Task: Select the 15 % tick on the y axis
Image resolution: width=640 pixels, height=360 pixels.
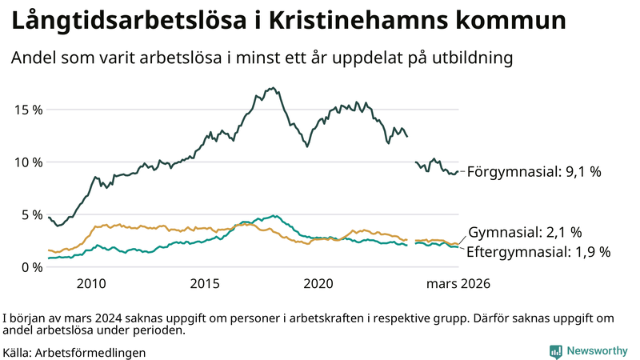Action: point(27,110)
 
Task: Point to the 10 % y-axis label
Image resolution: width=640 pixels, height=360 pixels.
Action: point(27,162)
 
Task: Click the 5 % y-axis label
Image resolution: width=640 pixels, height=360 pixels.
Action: point(30,215)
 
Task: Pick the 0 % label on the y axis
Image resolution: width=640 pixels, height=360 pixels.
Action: point(30,267)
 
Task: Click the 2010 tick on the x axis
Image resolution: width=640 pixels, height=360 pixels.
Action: point(91,284)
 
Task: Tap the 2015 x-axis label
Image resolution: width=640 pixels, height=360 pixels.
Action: point(206,284)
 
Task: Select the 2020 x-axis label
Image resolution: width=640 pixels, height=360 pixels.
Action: point(319,284)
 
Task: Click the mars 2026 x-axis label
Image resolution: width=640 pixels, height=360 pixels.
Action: point(458,284)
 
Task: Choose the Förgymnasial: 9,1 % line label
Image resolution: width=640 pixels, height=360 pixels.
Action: point(534,171)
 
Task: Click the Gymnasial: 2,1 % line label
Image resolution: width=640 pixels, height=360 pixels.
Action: point(524,233)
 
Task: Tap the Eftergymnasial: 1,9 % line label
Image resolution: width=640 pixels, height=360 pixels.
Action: point(538,252)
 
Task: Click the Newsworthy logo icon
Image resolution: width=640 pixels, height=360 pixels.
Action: point(555,351)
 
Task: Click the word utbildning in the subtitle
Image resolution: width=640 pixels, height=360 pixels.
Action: point(471,58)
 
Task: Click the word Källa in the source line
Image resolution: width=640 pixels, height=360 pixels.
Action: point(18,352)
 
